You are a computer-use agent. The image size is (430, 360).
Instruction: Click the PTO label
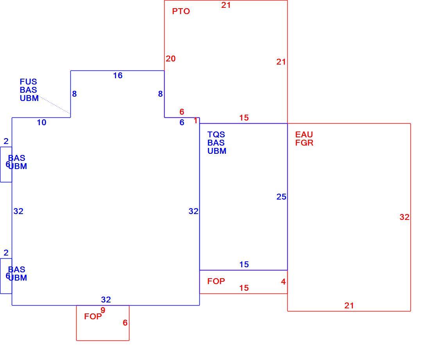coord(181,11)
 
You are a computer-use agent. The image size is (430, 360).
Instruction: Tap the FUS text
coord(28,81)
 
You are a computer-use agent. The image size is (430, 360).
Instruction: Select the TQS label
coord(216,135)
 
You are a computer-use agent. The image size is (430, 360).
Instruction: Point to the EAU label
coord(304,135)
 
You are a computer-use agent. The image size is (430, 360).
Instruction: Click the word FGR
coord(304,143)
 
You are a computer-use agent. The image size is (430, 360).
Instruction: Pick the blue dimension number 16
coord(118,76)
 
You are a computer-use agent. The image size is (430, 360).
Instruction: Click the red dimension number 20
coord(170,58)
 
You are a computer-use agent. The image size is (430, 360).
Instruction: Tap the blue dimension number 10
coord(42,122)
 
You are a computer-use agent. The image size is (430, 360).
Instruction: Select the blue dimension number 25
coord(281,196)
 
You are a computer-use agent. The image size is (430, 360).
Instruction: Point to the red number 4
coord(283,281)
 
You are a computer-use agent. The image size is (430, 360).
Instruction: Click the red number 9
coord(103,310)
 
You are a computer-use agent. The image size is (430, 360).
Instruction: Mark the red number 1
coord(195,121)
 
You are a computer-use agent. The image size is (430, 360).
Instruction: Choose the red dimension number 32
coord(405,217)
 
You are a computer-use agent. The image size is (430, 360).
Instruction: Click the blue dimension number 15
coord(244,265)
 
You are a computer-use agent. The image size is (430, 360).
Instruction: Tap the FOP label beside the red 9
coord(93,316)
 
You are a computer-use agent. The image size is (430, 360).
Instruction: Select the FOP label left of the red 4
coord(216,281)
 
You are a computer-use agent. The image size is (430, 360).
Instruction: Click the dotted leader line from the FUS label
coord(55,104)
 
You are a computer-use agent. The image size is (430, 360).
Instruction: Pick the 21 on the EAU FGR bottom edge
coord(349,305)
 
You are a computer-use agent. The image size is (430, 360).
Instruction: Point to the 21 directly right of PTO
coord(226,5)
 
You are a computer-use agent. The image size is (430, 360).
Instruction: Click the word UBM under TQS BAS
coord(217,151)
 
